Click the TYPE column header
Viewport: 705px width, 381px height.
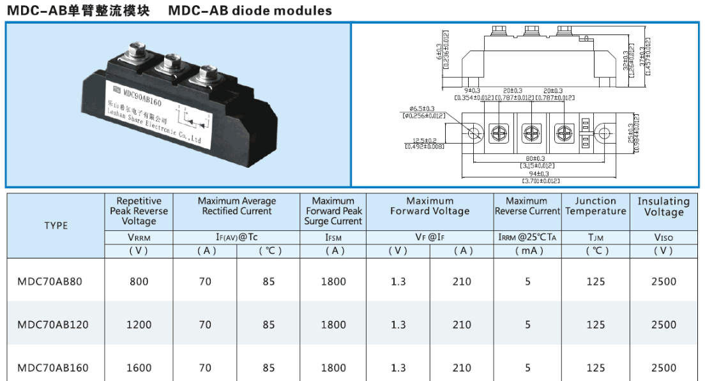click(x=56, y=225)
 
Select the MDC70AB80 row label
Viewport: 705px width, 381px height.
click(x=50, y=281)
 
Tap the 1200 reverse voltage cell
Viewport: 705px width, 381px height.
click(x=139, y=325)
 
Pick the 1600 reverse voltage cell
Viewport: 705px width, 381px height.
click(x=139, y=368)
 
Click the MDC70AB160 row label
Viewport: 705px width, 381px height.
click(x=53, y=368)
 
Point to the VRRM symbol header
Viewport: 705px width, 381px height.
click(x=139, y=237)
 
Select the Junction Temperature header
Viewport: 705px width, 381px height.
click(x=595, y=206)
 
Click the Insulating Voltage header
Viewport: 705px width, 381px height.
click(x=663, y=207)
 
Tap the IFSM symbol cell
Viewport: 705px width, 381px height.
click(x=333, y=237)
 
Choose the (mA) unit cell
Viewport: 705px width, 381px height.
click(x=527, y=251)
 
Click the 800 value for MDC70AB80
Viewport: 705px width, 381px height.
click(x=139, y=281)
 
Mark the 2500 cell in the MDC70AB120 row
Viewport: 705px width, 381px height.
click(x=663, y=325)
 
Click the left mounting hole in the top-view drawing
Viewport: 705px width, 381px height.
click(x=474, y=133)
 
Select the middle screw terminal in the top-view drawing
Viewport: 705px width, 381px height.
click(x=531, y=133)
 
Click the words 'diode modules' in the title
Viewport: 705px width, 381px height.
click(x=292, y=11)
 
